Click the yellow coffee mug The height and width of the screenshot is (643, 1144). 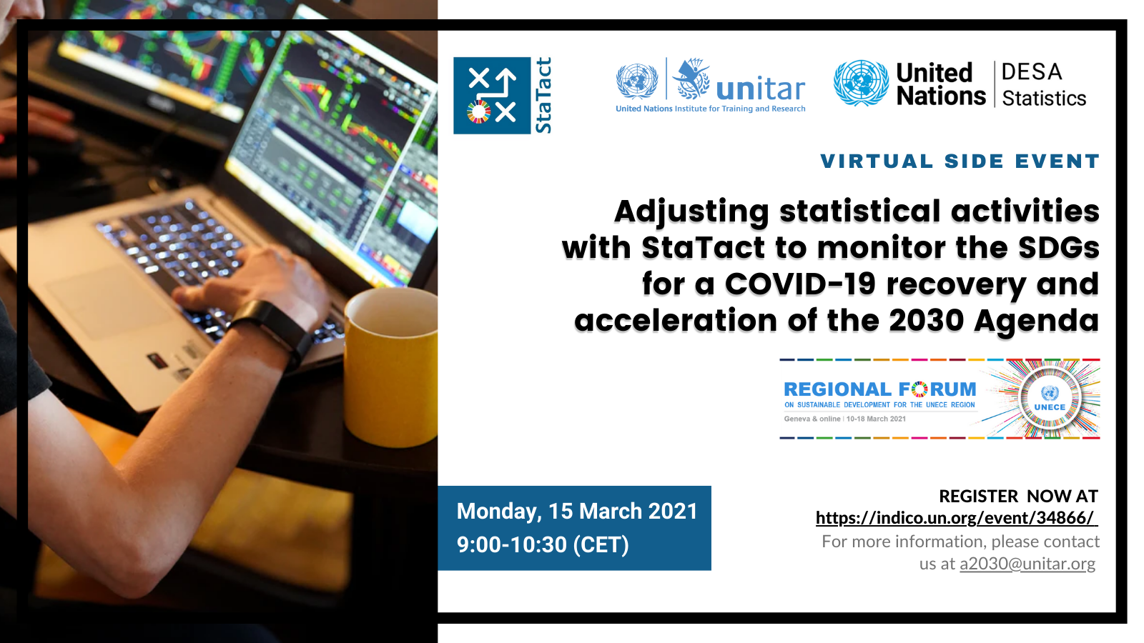[391, 367]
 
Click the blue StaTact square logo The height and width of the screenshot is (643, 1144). [492, 96]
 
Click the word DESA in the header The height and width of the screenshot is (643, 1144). [1032, 72]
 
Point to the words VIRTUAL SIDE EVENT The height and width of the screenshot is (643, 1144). [960, 161]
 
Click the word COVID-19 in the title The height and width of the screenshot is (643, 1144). [800, 284]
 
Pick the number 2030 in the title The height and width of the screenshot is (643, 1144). [927, 321]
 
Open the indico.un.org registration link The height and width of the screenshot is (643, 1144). [957, 518]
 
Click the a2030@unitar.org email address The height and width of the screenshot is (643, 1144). [1027, 564]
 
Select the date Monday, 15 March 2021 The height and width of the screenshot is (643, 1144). [577, 512]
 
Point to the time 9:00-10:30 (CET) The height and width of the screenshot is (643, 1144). [543, 544]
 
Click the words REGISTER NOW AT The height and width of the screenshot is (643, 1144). [1018, 496]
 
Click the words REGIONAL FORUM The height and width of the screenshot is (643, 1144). [880, 389]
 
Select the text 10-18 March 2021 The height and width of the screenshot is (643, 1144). [876, 419]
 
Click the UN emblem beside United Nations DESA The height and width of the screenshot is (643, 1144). [861, 83]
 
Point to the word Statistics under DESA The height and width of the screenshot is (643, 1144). [1044, 99]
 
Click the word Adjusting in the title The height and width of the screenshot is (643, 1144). [691, 212]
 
